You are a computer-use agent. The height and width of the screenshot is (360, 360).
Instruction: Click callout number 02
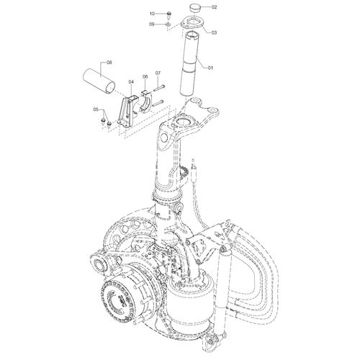(x=214, y=7)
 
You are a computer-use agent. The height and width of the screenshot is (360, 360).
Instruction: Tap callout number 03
(x=214, y=32)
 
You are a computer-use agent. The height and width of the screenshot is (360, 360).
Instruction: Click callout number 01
(x=210, y=68)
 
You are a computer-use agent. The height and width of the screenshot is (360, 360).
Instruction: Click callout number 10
(x=152, y=14)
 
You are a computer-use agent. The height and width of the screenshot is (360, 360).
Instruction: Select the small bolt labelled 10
(x=168, y=14)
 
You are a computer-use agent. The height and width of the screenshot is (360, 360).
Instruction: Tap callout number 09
(x=151, y=24)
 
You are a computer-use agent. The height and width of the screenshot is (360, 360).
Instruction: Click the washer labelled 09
(x=168, y=24)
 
